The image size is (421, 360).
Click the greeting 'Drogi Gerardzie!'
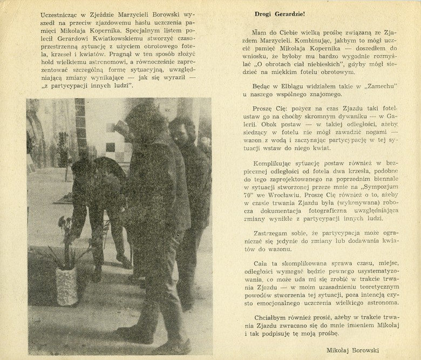point(280,14)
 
